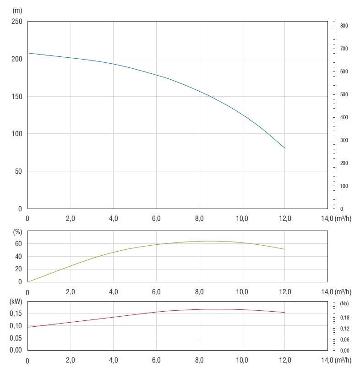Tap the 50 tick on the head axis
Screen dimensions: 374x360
coord(17,171)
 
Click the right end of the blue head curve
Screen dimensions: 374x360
coord(284,148)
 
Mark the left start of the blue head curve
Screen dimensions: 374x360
coord(28,53)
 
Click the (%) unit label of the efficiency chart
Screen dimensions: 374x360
coord(17,231)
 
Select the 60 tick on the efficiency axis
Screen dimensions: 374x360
coord(18,244)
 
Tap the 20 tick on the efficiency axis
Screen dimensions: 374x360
coord(18,269)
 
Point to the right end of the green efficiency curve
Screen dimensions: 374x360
coord(284,249)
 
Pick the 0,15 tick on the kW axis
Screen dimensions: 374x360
coord(16,313)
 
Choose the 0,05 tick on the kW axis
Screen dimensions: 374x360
coord(16,338)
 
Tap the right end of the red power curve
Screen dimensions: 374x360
coord(284,313)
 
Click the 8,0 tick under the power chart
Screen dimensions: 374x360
coord(199,360)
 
